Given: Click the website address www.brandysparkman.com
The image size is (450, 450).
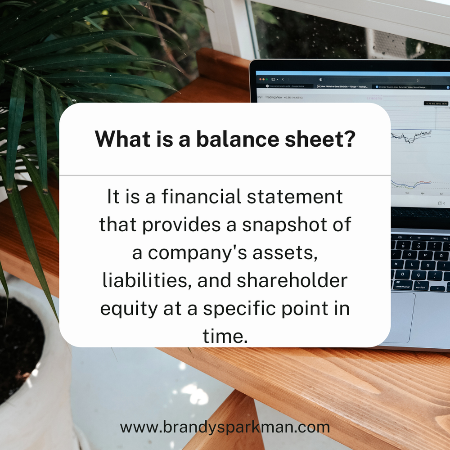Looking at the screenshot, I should point(225,427).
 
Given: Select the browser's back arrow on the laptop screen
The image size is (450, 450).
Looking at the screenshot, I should point(283,79).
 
